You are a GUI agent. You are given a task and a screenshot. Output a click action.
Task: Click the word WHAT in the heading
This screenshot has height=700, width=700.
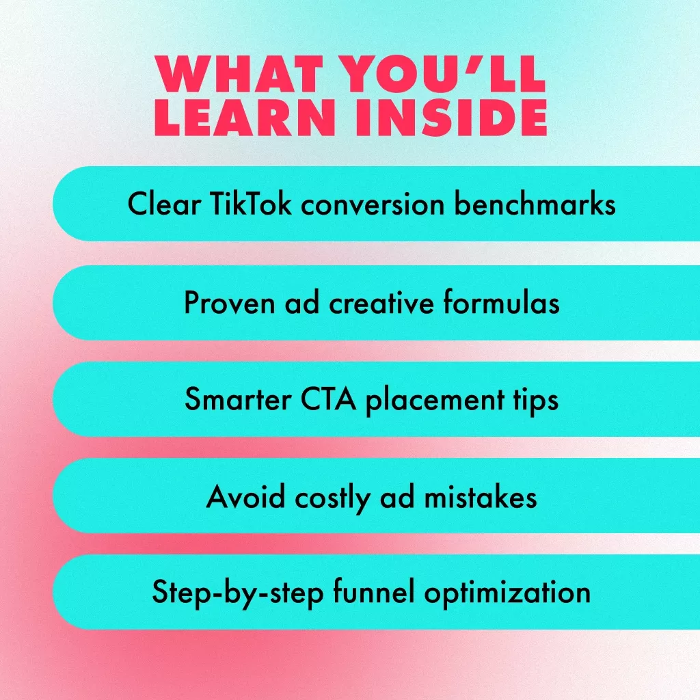point(239,74)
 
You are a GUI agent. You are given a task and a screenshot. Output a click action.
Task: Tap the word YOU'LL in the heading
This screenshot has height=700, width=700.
point(443,74)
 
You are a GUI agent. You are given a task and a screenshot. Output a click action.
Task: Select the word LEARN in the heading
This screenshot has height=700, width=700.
point(245,118)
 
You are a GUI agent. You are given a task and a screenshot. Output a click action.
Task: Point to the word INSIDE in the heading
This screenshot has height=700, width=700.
point(451,118)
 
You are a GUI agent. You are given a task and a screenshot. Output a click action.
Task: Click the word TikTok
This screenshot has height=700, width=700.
point(250,204)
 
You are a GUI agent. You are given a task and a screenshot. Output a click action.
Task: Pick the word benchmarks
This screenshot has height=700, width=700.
point(535,204)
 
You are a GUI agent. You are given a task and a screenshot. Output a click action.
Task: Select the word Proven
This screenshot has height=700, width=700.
point(230,303)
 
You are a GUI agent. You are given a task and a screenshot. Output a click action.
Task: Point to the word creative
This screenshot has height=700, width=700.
point(381,303)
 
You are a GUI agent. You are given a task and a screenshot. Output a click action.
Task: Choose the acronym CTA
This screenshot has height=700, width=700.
point(329,399)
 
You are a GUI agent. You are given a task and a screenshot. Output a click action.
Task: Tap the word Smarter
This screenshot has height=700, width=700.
point(238,399)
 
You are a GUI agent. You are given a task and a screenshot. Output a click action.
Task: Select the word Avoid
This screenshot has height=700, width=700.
point(245,496)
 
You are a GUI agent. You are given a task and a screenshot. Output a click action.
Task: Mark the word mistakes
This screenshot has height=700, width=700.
point(481,496)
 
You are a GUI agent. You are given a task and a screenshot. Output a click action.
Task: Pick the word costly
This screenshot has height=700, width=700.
point(333,498)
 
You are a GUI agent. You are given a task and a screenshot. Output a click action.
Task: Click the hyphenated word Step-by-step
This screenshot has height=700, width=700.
point(238,593)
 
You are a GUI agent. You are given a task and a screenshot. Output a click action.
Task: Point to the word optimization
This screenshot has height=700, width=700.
point(507,593)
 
